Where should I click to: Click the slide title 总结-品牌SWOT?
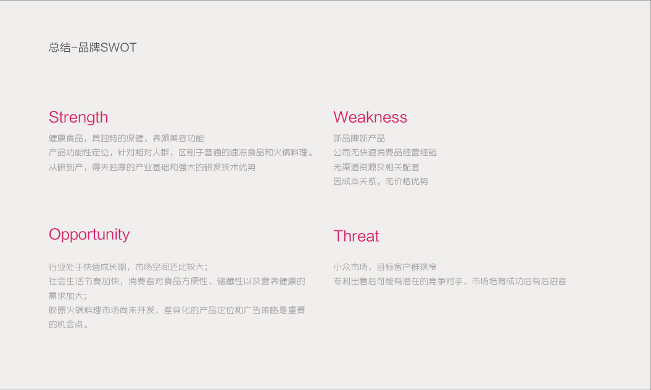point(93,47)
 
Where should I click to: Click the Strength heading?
point(78,118)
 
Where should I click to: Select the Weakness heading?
point(370,117)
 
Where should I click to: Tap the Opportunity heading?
point(89,235)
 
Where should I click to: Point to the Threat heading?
point(356,236)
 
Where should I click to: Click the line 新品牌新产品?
point(359,138)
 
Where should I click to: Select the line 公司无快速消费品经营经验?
point(385,153)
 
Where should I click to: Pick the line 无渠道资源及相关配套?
point(376,167)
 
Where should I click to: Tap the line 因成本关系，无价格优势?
point(381,181)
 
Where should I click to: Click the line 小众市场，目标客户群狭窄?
point(385,267)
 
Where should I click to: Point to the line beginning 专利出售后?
point(450,281)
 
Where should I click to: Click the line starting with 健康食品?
point(126,138)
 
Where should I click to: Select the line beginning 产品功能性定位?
point(181,153)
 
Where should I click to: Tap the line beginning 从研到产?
point(152,167)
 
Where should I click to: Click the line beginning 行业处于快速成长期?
point(128,267)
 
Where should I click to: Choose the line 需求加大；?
point(68,296)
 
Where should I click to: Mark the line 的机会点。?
point(68,324)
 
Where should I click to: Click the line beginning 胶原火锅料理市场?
point(177,310)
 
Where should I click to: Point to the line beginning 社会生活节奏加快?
point(177,281)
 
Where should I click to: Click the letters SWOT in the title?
point(118,47)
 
